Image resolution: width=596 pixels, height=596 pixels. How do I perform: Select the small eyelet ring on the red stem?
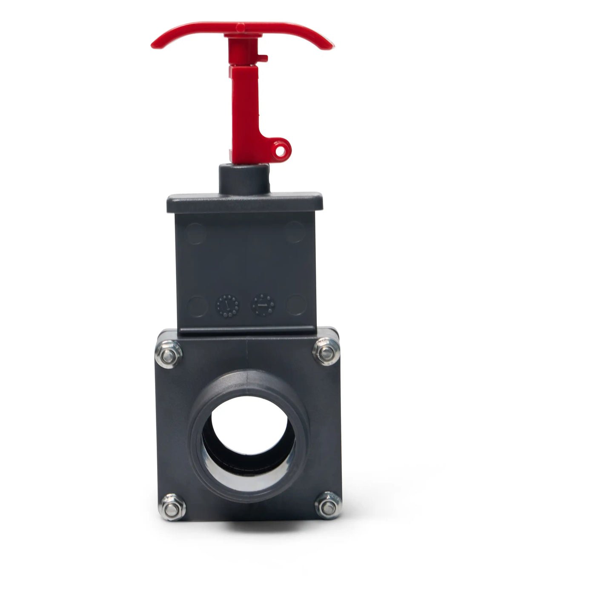281,150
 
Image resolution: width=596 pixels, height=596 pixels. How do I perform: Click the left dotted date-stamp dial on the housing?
228,305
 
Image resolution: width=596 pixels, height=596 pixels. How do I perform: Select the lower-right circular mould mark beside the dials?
295,305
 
